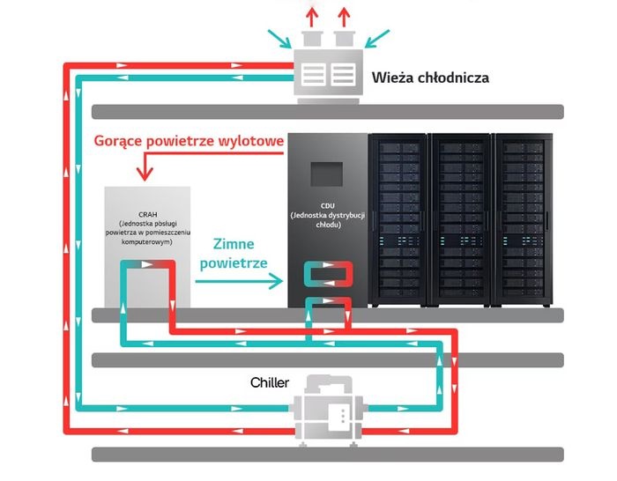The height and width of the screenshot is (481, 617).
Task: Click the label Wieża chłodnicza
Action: [x=430, y=78]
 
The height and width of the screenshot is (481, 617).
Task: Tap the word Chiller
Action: [x=270, y=382]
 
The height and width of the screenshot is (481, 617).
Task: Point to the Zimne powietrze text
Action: [x=234, y=254]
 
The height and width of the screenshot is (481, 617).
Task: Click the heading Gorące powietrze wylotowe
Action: [x=189, y=140]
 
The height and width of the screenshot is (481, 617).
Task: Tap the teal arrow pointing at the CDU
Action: [x=239, y=281]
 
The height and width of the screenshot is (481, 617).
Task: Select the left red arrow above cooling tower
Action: [x=312, y=18]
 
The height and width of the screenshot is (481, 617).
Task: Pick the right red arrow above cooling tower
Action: [x=344, y=18]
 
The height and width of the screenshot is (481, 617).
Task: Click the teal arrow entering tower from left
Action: [x=279, y=39]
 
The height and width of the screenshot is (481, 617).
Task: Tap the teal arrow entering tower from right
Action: [x=377, y=39]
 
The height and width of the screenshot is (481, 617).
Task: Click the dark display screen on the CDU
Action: [x=327, y=174]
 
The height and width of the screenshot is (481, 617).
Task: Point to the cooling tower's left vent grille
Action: [x=314, y=74]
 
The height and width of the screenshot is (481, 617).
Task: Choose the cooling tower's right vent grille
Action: [x=344, y=74]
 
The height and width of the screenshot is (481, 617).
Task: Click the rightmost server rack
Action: [x=522, y=220]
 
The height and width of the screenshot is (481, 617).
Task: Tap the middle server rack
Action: [x=460, y=220]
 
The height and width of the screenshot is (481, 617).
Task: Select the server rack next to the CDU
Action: [x=398, y=220]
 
